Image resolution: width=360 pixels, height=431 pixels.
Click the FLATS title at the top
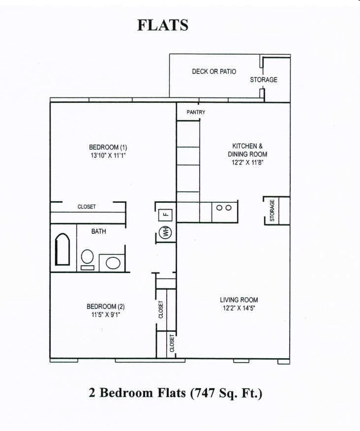click(163, 25)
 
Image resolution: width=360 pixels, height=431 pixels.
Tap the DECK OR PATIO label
click(214, 72)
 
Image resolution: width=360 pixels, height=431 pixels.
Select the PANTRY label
click(196, 113)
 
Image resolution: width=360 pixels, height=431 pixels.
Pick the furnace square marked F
click(166, 214)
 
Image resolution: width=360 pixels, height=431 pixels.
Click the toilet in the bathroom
click(88, 258)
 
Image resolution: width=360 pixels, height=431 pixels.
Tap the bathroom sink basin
click(113, 262)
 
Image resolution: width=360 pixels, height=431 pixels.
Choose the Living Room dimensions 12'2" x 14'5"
click(239, 308)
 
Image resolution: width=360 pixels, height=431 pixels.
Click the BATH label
click(98, 231)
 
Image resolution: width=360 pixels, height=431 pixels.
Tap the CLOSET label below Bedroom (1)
click(87, 207)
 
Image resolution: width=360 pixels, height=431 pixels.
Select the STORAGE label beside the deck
click(264, 80)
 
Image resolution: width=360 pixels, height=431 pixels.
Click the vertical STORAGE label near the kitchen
click(272, 211)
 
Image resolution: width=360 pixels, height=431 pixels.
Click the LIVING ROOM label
click(239, 300)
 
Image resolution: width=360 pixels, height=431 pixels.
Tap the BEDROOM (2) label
click(102, 307)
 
